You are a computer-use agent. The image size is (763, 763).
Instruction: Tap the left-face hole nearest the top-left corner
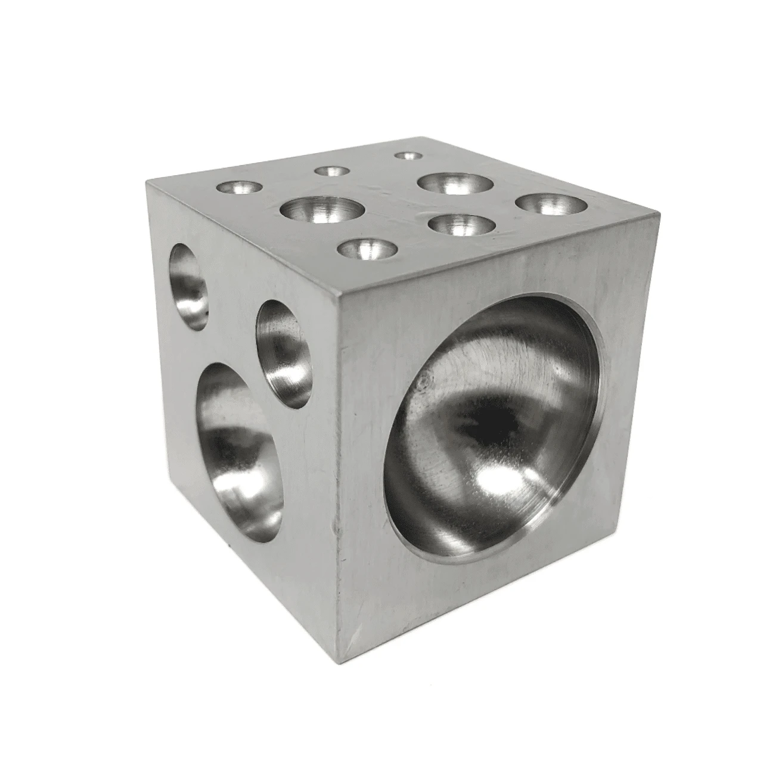(x=189, y=287)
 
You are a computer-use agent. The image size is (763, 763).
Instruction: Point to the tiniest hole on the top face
(x=408, y=156)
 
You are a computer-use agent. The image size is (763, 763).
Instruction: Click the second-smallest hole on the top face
(x=332, y=172)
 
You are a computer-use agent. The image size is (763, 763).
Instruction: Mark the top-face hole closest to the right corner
(x=551, y=204)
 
